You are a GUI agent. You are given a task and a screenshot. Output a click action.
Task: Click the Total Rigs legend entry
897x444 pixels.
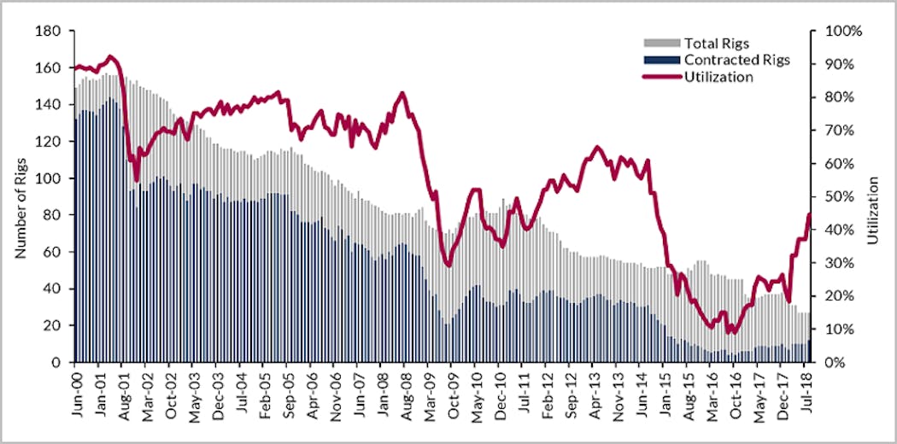716,43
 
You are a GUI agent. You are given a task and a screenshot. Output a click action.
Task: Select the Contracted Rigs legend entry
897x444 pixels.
736,60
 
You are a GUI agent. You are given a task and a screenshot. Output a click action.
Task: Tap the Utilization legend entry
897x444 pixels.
718,77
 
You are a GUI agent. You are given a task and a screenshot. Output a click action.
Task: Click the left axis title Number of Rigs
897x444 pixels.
19,196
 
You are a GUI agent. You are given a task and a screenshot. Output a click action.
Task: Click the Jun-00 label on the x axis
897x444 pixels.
77,391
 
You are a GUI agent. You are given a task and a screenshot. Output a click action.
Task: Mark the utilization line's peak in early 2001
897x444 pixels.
111,56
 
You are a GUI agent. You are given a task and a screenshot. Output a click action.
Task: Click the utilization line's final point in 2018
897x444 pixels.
809,214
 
